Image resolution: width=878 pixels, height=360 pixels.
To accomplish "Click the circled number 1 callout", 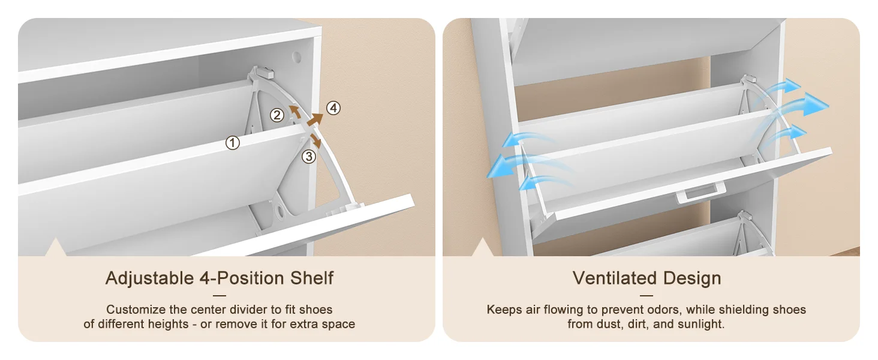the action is [233, 143].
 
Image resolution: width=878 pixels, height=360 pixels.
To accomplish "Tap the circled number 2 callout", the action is [276, 115].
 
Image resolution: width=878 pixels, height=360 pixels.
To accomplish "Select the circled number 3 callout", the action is [309, 157].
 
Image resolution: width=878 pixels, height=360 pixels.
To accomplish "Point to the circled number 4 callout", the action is [333, 108].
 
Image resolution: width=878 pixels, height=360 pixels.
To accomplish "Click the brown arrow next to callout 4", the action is [315, 119].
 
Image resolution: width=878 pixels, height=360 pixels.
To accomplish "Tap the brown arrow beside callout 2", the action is [295, 112].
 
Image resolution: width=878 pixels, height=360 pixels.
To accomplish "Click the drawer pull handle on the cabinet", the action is [701, 194].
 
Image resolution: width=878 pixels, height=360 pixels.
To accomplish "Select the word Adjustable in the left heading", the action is [150, 278].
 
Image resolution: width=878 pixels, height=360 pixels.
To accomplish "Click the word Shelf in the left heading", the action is [312, 278].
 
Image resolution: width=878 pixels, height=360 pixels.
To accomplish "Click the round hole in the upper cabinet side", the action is [297, 57].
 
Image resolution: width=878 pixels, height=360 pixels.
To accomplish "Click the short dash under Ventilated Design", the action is [647, 296].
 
